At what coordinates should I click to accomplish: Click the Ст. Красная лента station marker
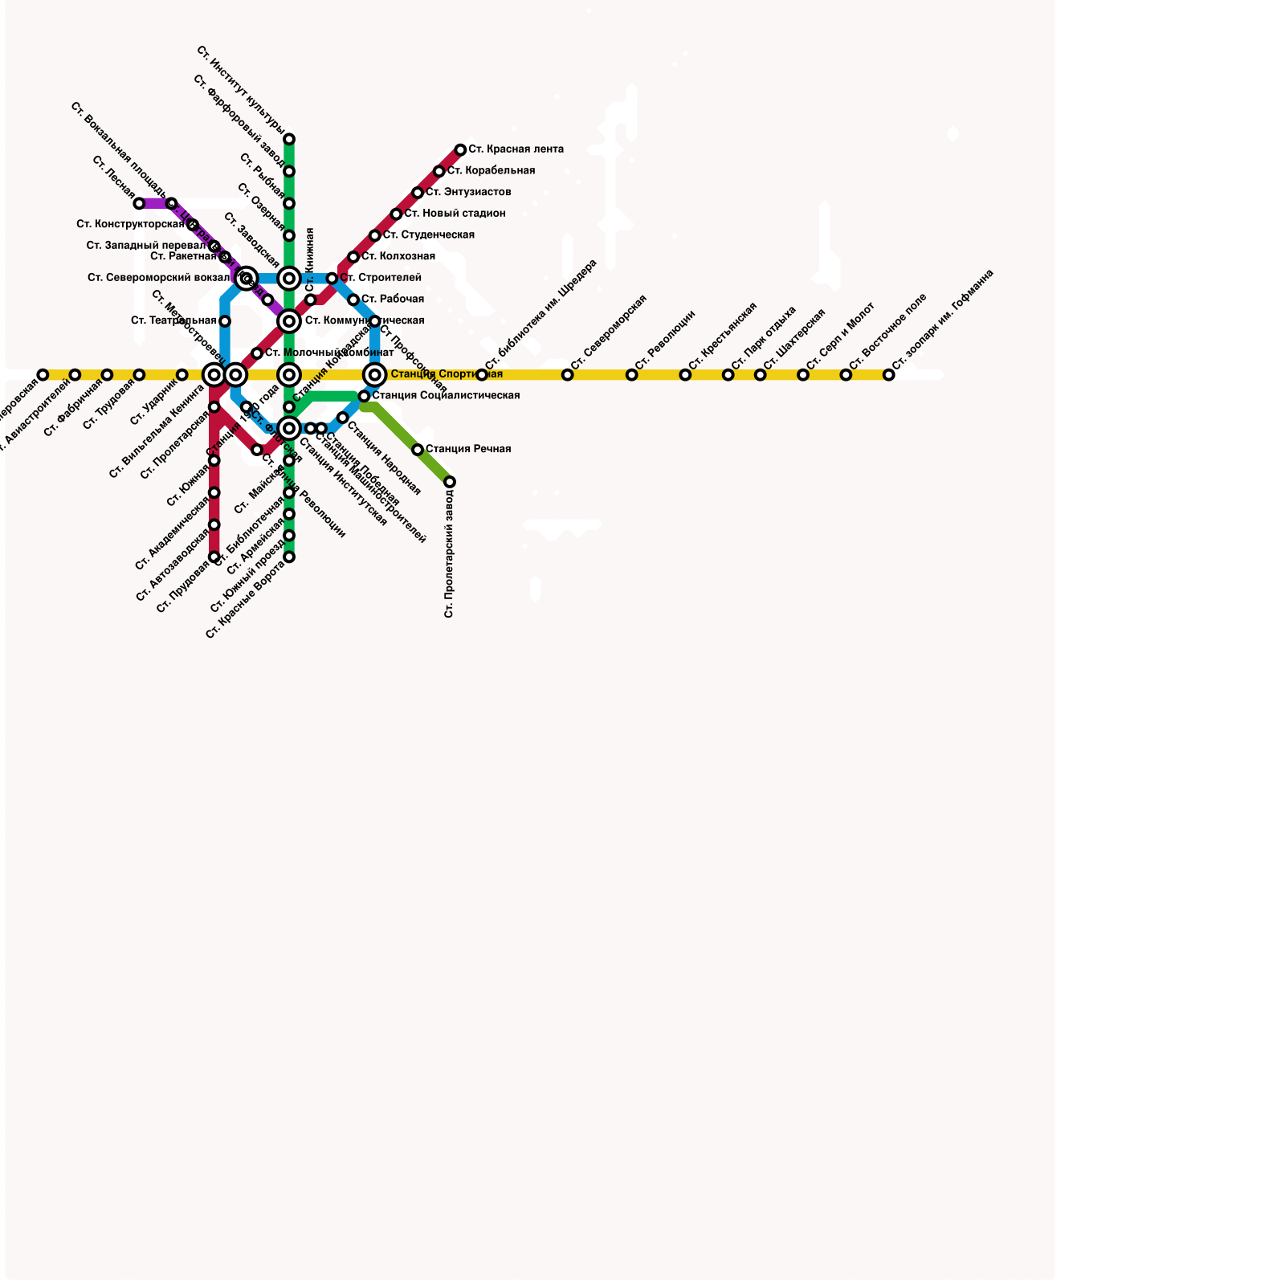[460, 150]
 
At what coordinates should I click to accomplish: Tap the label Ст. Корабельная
[491, 171]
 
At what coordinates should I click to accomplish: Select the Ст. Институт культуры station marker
[289, 139]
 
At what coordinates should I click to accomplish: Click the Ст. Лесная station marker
[139, 203]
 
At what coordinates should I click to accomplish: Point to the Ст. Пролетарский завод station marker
[450, 482]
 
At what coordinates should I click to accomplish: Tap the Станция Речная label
[468, 449]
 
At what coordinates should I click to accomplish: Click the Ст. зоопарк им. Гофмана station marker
[889, 375]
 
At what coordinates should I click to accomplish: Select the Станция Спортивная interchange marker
[375, 375]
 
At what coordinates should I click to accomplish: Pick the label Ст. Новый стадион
[455, 214]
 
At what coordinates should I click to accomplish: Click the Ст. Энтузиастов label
[468, 193]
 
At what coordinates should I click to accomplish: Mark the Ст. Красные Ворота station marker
[289, 557]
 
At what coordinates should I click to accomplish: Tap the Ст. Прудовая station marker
[214, 557]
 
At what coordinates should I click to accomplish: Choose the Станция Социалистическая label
[446, 396]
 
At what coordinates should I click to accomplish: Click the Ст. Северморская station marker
[568, 375]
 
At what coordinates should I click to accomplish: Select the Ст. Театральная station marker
[225, 321]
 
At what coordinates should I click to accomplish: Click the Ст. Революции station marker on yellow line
[632, 375]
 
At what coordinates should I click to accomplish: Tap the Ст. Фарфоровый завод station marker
[289, 171]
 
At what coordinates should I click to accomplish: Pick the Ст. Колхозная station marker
[353, 257]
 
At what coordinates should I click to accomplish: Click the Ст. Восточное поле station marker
[846, 375]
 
